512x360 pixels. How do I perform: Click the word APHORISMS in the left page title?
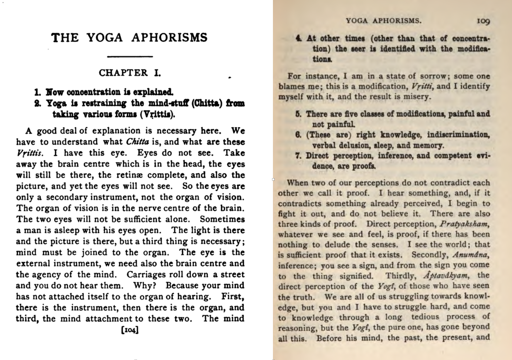click(x=169, y=38)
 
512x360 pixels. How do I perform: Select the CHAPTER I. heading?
click(x=130, y=73)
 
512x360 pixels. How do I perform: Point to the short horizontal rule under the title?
click(x=130, y=57)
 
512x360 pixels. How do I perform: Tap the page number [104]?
click(x=130, y=330)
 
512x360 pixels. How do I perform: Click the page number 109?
click(x=483, y=21)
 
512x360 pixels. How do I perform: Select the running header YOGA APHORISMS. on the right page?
click(x=383, y=21)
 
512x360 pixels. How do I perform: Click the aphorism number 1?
click(x=38, y=92)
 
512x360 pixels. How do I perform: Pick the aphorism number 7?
click(x=298, y=156)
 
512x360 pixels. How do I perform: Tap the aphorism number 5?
click(x=298, y=114)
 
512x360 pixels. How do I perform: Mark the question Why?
click(x=144, y=285)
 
